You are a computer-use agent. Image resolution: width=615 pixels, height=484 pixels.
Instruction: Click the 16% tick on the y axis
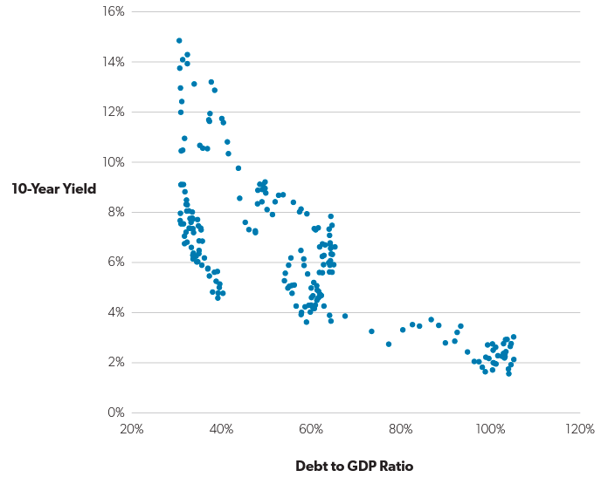point(114,12)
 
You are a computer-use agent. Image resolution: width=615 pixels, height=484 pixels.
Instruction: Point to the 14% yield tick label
point(114,62)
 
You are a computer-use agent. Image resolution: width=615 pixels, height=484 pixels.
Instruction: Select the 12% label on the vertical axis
point(114,112)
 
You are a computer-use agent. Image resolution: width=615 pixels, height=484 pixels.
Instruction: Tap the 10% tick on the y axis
point(114,162)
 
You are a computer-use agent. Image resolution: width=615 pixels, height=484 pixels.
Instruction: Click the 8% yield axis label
point(116,212)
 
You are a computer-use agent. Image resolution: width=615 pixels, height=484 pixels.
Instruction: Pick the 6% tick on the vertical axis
point(116,262)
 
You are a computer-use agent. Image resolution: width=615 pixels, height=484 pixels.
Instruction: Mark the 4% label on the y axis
point(116,312)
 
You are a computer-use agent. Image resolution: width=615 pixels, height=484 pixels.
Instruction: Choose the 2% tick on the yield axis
point(116,362)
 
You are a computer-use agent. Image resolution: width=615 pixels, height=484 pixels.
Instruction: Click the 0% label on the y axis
point(116,412)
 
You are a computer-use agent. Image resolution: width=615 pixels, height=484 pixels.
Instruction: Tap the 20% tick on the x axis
point(131,429)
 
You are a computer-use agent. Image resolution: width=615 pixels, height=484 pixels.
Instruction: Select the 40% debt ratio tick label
point(221,429)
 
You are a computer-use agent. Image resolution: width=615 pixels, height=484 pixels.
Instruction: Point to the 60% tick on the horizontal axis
point(311,429)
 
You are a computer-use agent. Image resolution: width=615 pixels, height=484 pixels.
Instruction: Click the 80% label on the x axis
point(401,429)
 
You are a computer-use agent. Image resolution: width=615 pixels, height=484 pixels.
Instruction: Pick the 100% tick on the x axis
point(490,429)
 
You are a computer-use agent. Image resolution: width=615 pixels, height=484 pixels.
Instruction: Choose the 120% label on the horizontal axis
point(580,429)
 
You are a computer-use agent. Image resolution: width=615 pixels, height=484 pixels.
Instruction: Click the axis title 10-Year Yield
point(54,187)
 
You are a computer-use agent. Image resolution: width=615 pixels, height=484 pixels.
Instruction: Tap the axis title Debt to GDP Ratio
point(354,466)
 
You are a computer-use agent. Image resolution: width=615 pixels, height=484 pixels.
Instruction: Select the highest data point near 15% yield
point(179,40)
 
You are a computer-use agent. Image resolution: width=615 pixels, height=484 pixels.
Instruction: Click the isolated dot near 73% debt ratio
point(371,331)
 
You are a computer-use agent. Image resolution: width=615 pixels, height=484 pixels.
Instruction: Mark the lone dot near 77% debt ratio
point(389,344)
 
